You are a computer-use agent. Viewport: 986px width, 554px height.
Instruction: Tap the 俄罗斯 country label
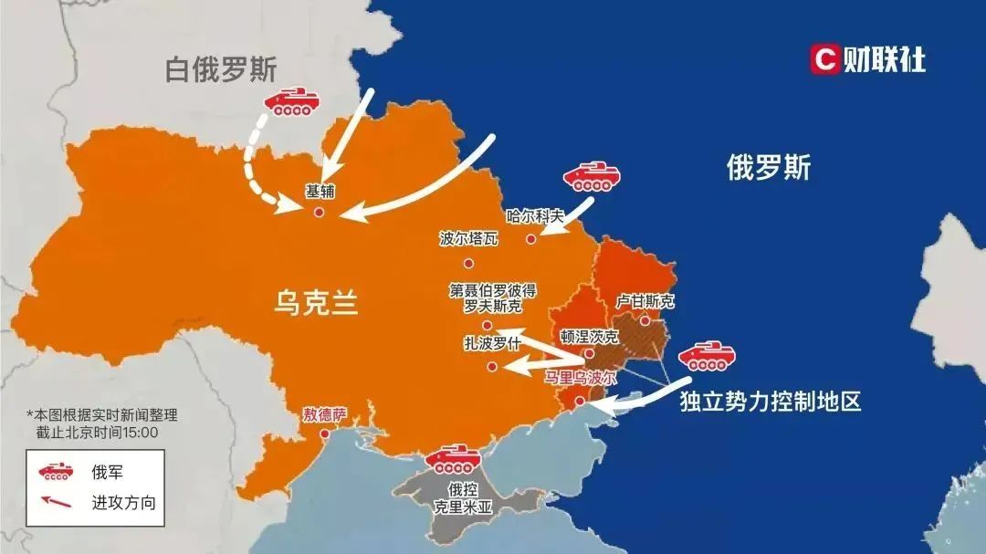click(768, 167)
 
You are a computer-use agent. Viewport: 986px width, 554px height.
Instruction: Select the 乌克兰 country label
click(316, 301)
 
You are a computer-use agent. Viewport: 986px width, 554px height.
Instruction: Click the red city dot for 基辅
click(319, 212)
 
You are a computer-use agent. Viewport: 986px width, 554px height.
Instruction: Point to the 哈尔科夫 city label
click(536, 217)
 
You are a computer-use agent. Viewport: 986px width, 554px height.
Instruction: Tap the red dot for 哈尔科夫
click(530, 239)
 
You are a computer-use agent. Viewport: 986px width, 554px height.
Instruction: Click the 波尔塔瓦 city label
click(468, 239)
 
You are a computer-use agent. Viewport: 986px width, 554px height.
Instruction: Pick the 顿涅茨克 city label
click(589, 335)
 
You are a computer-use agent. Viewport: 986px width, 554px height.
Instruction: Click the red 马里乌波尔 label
click(581, 376)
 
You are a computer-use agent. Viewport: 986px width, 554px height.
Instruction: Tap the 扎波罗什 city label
click(492, 344)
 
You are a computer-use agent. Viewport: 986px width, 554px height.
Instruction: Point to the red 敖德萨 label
click(325, 413)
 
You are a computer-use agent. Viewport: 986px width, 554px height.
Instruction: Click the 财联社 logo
click(867, 59)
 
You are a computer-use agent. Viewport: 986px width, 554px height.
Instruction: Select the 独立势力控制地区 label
click(771, 402)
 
